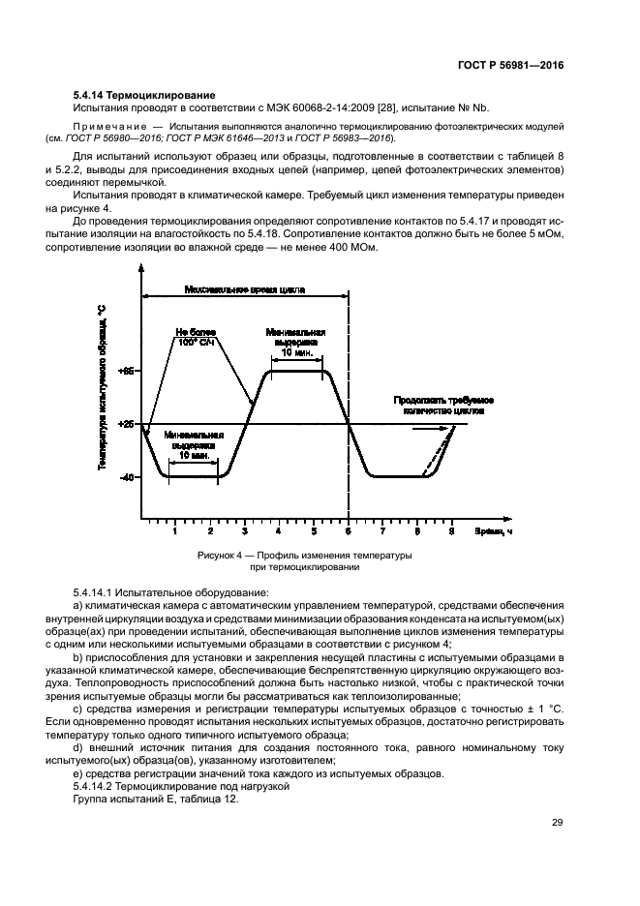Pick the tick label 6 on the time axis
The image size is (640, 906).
click(348, 531)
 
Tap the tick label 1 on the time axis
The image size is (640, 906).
click(174, 531)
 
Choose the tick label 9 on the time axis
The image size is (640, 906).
click(451, 531)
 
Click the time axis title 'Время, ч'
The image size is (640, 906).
click(492, 531)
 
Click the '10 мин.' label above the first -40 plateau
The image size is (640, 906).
click(193, 453)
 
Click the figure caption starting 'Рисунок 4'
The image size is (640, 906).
click(305, 561)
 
